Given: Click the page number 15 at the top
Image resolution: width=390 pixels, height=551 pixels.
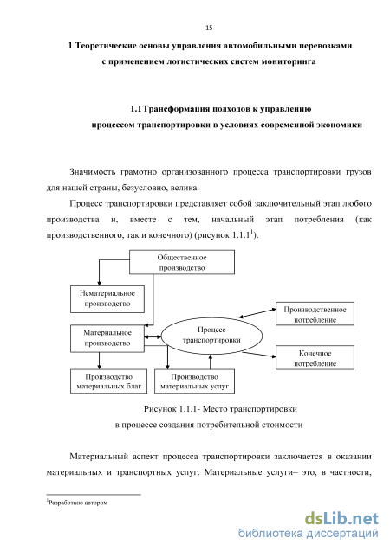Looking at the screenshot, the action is (209, 28).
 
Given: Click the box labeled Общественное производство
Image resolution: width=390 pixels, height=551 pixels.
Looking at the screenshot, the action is (182, 262).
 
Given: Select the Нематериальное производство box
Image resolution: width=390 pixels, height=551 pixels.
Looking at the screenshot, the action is (107, 299).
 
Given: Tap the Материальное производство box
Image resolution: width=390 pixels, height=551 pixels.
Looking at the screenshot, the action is (107, 338).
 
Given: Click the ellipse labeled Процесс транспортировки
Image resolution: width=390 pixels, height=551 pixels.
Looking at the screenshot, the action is (211, 336).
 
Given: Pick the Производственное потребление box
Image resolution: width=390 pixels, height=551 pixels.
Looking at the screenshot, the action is (315, 313).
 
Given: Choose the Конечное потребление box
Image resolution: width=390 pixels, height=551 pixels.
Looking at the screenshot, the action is (315, 357).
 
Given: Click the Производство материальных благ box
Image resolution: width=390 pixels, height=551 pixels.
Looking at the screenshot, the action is (108, 381).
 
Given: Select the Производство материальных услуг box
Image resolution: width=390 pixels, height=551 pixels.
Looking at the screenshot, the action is (194, 381).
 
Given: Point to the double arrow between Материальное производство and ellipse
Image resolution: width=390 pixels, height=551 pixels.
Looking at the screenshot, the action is (153, 337).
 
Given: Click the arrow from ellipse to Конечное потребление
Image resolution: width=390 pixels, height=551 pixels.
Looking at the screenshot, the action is (259, 355).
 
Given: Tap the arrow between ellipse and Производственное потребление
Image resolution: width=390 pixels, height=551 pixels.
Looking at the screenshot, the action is (257, 313).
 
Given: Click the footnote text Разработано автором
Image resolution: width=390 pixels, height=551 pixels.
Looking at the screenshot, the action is (78, 503).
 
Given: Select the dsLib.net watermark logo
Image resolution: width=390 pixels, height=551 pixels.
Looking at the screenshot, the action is (341, 518).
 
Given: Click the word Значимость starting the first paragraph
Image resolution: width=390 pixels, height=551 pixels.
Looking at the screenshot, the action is (92, 172).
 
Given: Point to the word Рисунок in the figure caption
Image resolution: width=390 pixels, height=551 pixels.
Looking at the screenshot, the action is (159, 409).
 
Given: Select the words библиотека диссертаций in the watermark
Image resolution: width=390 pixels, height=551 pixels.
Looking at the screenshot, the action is (309, 534).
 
